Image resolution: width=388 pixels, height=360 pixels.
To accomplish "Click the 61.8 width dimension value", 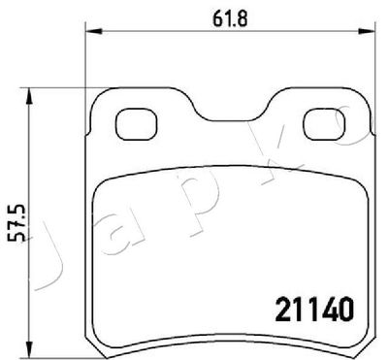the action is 230,19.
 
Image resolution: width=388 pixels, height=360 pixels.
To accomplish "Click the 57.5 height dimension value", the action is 16,223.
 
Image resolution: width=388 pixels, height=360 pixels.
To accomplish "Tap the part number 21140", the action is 313,310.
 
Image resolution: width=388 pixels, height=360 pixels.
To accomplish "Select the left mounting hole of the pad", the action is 136,124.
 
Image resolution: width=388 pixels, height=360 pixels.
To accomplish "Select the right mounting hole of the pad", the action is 324,124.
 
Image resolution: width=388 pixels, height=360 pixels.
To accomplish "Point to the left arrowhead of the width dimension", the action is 93,31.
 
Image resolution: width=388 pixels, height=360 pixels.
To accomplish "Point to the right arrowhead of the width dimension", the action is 368,31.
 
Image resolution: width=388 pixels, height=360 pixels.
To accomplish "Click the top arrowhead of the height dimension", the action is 29,96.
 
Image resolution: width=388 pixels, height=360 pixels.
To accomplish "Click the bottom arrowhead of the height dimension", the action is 29,350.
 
